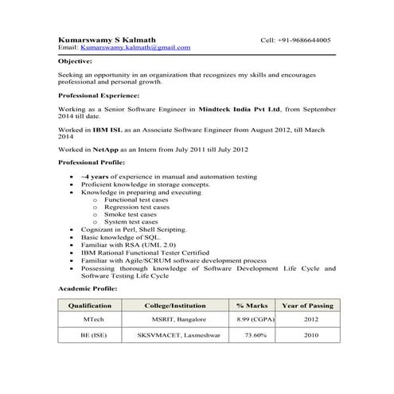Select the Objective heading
pos(76,60)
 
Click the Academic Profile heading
pos(87,287)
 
